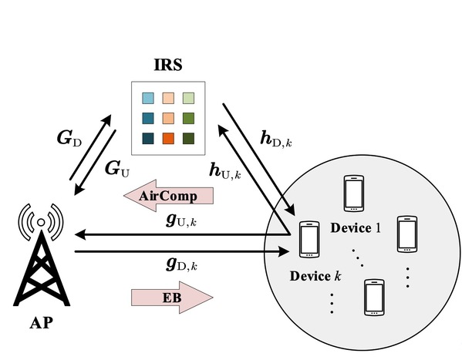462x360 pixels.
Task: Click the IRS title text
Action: click(x=168, y=65)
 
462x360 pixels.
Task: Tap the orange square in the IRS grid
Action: click(x=168, y=139)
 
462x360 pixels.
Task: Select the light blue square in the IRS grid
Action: click(x=148, y=98)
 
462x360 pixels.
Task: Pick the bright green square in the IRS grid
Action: click(x=188, y=119)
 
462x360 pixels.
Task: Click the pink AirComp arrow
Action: click(x=168, y=196)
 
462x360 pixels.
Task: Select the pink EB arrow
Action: click(x=172, y=298)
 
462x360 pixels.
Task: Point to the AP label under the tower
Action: click(x=41, y=323)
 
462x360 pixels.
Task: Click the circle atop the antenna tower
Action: click(x=41, y=223)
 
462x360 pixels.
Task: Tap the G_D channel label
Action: click(x=69, y=138)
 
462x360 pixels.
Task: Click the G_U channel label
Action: click(x=117, y=170)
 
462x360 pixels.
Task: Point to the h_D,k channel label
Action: click(x=276, y=139)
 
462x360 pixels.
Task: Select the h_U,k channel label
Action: click(x=225, y=171)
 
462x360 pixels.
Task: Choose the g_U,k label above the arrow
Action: click(x=181, y=220)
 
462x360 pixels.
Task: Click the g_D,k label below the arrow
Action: click(x=181, y=264)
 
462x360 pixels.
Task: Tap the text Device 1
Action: click(x=356, y=228)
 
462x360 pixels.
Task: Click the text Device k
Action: click(x=315, y=276)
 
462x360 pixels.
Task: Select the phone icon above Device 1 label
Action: click(x=354, y=193)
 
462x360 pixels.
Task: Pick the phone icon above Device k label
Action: click(x=309, y=240)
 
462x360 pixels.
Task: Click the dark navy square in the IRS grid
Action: click(x=148, y=139)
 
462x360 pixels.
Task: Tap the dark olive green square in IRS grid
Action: click(x=188, y=139)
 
